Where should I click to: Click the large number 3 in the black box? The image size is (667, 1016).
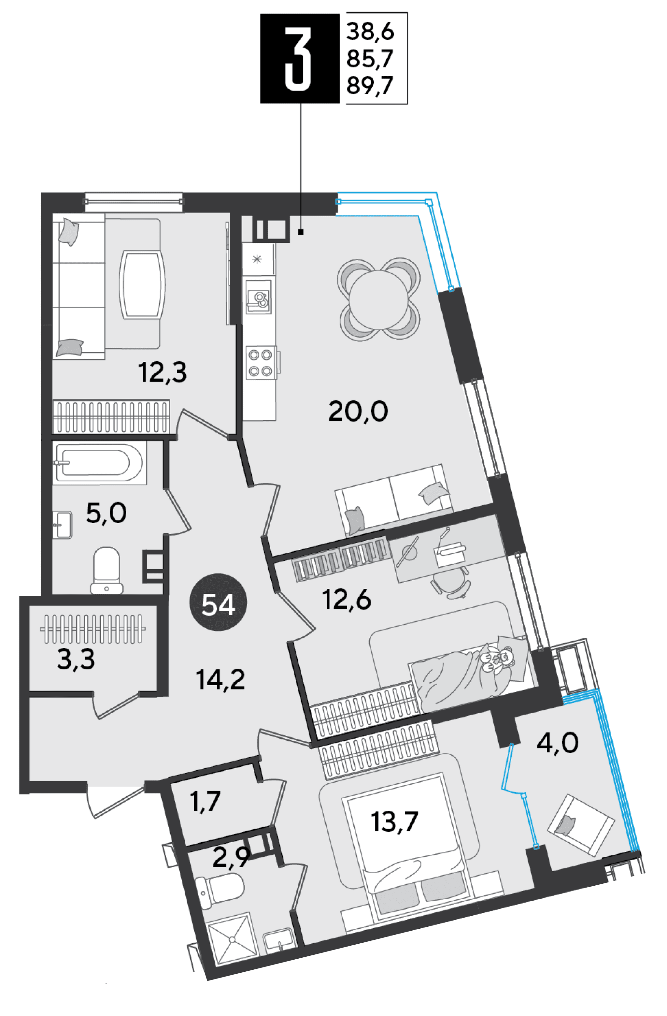(297, 58)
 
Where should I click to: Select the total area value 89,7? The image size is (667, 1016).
(370, 87)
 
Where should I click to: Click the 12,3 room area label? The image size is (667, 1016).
(163, 373)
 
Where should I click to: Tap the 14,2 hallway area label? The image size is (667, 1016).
(220, 680)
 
